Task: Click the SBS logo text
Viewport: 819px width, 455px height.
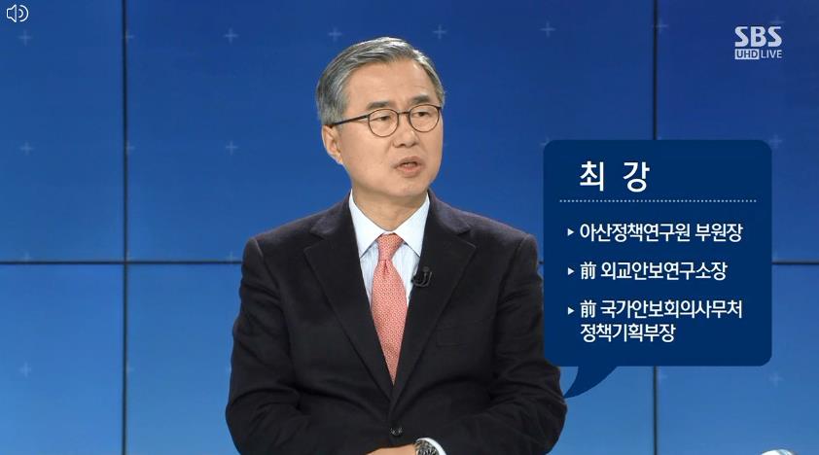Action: [x=758, y=37]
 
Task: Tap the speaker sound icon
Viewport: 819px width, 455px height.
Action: [x=17, y=13]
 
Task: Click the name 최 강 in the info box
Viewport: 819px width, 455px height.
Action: [x=615, y=176]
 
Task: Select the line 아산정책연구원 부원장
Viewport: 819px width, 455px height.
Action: [x=660, y=232]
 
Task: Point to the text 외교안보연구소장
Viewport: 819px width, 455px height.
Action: [x=663, y=271]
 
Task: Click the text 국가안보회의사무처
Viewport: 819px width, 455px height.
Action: [x=671, y=309]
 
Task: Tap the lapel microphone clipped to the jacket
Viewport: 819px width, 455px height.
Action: [x=422, y=277]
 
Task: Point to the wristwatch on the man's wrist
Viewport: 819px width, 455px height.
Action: [x=427, y=447]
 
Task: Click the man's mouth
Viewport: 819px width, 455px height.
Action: [x=408, y=166]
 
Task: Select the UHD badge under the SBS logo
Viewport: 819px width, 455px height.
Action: [x=746, y=53]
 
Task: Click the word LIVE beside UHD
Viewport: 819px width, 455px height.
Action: [x=771, y=53]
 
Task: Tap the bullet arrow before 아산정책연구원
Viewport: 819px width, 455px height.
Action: [x=570, y=232]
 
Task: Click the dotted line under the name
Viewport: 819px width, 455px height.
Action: [x=658, y=200]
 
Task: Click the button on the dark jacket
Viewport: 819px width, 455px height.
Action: [x=396, y=432]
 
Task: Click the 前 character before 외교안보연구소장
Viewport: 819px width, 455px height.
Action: [x=588, y=271]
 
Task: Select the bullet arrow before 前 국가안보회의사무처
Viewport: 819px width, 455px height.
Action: [x=570, y=310]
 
